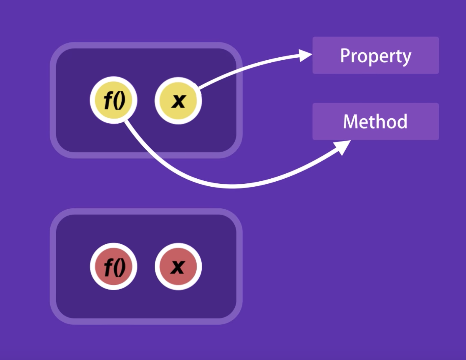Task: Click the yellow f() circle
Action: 114,100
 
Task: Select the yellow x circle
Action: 178,100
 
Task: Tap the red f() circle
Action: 114,266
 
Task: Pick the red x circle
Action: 178,266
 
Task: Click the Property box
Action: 375,55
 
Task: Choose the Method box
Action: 375,121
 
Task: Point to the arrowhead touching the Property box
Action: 305,55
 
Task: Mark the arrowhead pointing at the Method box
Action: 343,147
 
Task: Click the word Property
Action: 375,56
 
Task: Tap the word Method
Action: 375,121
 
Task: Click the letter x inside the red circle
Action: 178,267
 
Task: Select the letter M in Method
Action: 350,121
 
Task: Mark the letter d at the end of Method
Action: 402,121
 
